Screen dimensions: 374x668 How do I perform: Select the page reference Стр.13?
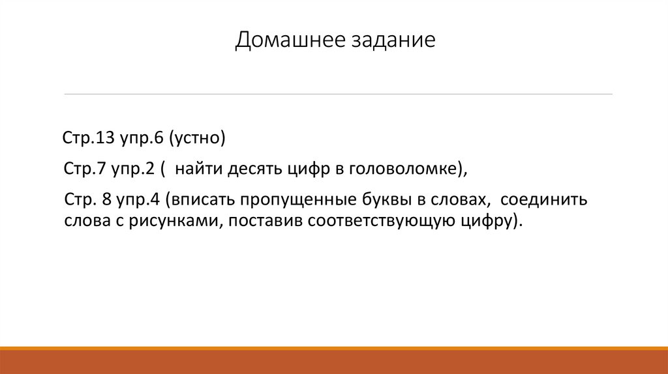[88, 138]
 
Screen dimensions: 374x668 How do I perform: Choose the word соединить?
[545, 199]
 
